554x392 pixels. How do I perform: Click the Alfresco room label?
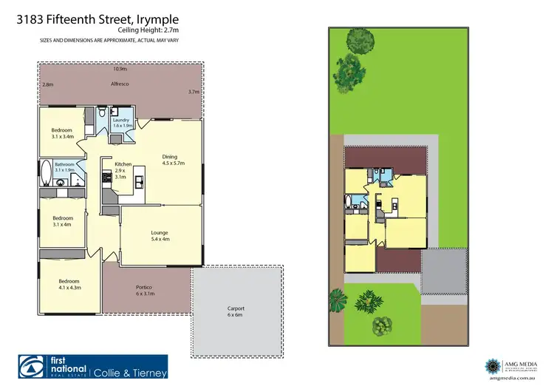(x=120, y=84)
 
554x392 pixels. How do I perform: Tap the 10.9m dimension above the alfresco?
(x=120, y=69)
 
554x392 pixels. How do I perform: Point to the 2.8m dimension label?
(x=48, y=85)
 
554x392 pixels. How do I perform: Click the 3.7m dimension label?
(x=194, y=92)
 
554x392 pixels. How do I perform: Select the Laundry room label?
(x=121, y=122)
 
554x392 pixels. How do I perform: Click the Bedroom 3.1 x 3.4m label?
(x=62, y=133)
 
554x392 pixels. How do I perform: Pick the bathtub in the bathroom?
(x=46, y=173)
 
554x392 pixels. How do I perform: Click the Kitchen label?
(x=123, y=171)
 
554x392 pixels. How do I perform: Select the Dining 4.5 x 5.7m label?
(x=173, y=159)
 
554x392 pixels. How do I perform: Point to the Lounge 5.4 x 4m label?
(x=160, y=235)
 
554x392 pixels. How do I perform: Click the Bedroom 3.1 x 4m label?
(x=62, y=222)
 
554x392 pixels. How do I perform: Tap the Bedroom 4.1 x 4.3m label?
(x=69, y=283)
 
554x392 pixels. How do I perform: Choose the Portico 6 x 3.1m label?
(x=144, y=291)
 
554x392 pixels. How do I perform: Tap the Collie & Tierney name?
(x=131, y=373)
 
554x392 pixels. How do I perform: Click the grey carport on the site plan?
(x=444, y=271)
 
